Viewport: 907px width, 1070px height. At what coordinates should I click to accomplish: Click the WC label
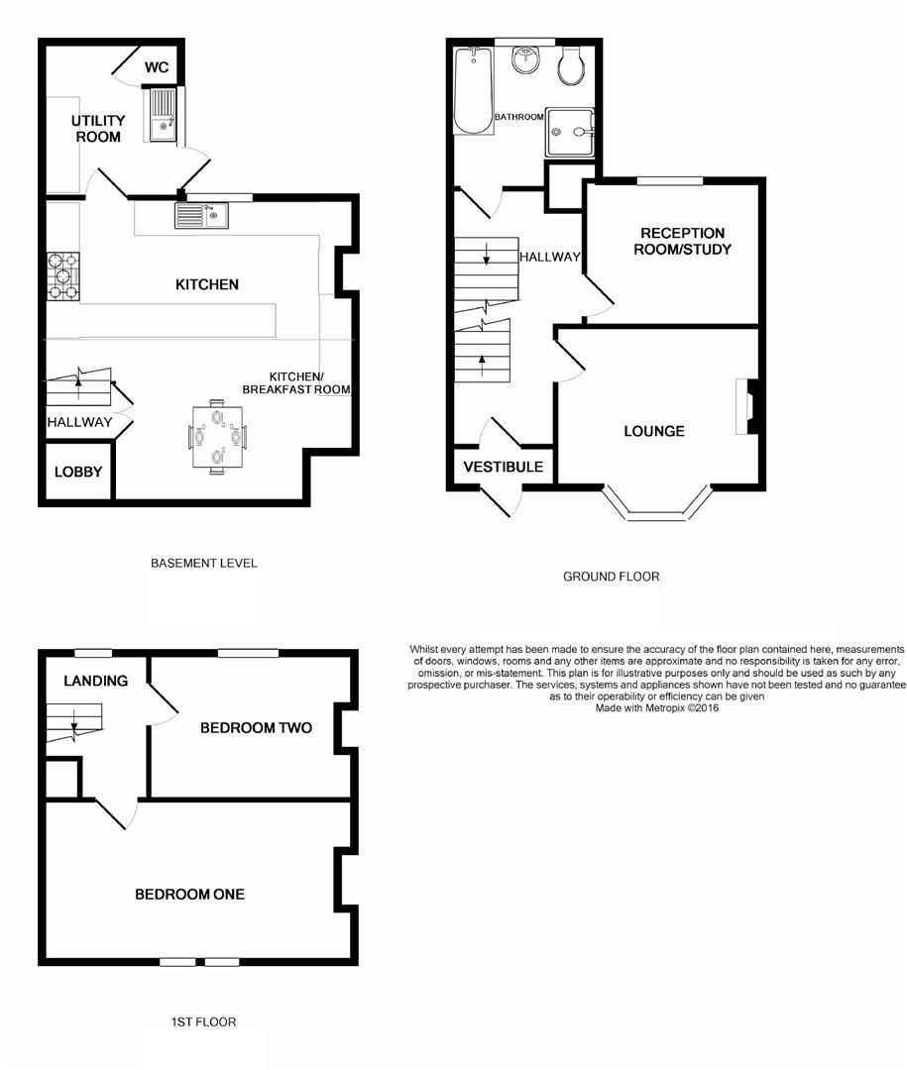(157, 67)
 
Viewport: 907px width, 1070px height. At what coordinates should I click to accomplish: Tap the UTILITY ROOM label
(97, 129)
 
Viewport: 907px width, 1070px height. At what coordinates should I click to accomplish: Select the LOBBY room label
(78, 472)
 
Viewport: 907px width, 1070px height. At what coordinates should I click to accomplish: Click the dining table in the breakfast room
(217, 435)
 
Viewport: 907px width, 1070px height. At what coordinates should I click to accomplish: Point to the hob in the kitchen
(62, 276)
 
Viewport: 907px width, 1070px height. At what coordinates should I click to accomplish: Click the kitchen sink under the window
(201, 215)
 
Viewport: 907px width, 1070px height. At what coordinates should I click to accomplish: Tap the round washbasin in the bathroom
(525, 60)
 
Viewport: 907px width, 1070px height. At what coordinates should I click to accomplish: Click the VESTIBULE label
(504, 466)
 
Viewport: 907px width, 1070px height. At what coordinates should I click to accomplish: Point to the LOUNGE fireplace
(743, 407)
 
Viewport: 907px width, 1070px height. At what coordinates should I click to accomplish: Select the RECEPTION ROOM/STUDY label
(684, 241)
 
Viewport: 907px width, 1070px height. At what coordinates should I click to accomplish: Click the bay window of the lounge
(655, 511)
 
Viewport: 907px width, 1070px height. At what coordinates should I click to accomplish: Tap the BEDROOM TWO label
(256, 728)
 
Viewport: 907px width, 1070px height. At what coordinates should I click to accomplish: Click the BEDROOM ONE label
(189, 894)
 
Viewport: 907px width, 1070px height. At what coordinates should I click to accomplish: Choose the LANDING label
(96, 681)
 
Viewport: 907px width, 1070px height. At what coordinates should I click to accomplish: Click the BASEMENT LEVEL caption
(203, 563)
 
